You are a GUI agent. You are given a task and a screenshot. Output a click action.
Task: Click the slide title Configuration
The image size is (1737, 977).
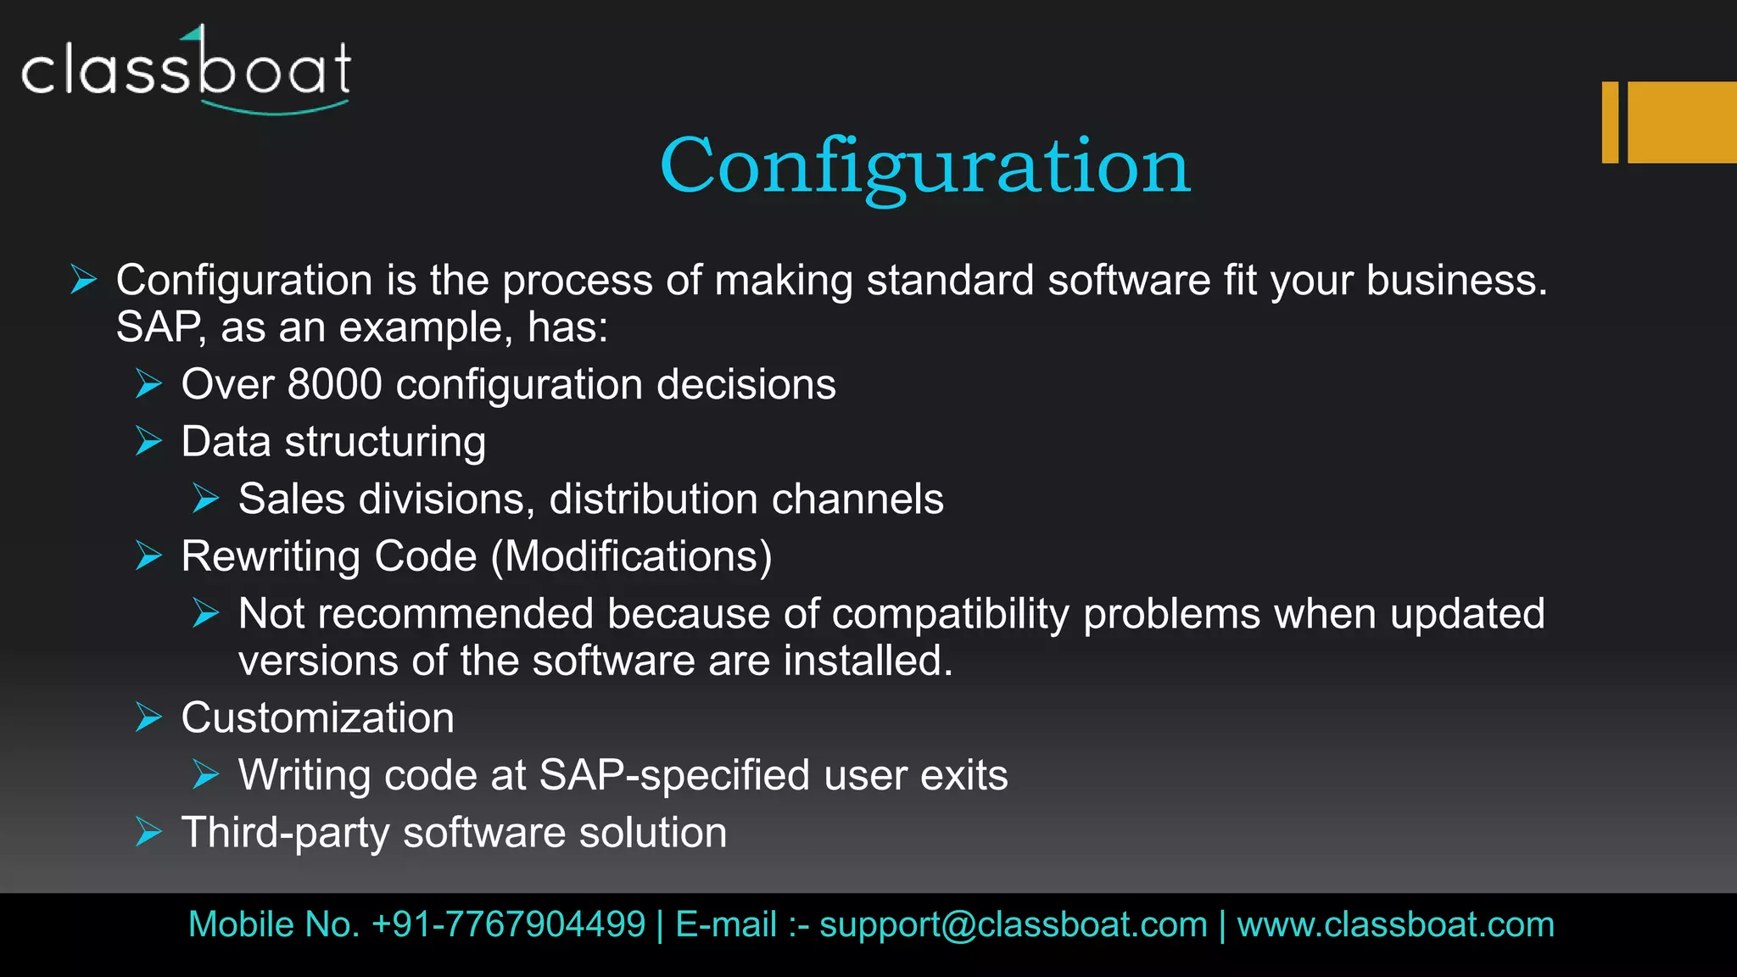(925, 165)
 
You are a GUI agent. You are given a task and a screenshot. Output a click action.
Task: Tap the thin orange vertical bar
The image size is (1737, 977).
(1609, 122)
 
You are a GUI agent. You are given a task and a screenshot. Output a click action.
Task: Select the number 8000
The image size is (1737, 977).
(334, 385)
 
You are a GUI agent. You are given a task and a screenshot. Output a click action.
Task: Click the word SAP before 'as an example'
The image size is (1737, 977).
(159, 327)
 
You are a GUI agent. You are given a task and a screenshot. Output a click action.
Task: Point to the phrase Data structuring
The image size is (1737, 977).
(333, 443)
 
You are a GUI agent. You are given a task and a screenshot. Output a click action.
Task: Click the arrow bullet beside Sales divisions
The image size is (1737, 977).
(205, 499)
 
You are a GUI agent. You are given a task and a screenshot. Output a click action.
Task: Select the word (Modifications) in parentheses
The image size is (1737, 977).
(632, 557)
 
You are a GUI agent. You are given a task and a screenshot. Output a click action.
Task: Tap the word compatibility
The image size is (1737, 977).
(950, 614)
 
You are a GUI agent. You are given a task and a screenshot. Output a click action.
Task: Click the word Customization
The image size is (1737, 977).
(317, 718)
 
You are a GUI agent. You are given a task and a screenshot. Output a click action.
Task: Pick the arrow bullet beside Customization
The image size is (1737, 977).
(148, 718)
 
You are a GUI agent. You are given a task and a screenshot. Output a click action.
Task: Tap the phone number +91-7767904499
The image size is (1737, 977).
(508, 924)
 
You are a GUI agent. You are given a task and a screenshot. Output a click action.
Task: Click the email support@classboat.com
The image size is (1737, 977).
(1013, 924)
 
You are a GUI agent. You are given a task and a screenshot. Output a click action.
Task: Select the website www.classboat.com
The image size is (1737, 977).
(1395, 924)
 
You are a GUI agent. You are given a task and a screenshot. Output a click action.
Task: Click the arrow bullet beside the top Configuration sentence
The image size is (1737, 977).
(83, 279)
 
